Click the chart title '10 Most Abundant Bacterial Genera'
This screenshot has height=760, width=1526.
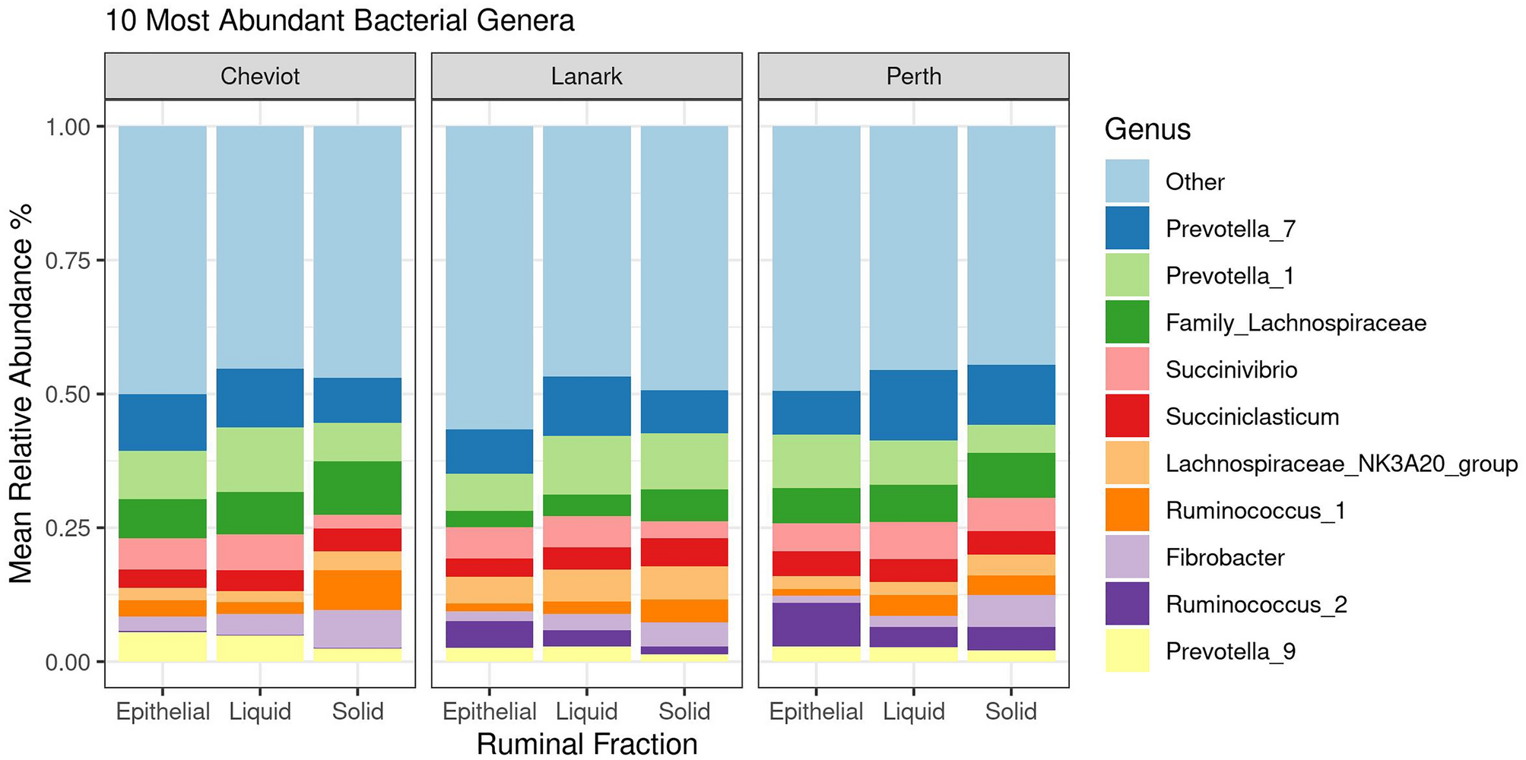pos(339,21)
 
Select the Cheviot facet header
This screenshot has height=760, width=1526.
pos(260,76)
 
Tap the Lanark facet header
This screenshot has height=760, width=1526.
pos(586,76)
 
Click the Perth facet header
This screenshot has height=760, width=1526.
pos(913,76)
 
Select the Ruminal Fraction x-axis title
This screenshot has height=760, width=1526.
pos(586,743)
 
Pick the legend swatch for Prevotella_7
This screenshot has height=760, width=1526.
pos(1127,228)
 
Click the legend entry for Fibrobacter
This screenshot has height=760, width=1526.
pos(1224,558)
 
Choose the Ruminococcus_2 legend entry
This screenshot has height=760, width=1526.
pos(1255,605)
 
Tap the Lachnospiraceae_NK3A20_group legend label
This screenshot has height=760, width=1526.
pos(1340,464)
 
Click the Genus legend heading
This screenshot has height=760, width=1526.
pos(1147,129)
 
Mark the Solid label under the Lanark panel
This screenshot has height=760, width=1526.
pos(684,711)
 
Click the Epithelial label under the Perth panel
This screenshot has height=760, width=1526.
pos(816,711)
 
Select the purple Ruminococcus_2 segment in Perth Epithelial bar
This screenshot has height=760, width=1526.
pos(816,624)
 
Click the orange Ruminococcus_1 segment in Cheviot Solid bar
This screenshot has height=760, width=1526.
pos(357,590)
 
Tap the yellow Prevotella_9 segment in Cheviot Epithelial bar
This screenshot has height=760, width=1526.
pos(163,647)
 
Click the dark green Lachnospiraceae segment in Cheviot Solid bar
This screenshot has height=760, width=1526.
pos(357,488)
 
